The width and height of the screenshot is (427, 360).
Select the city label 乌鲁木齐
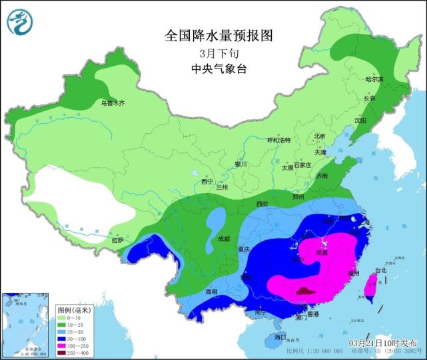pyautogui.click(x=113, y=103)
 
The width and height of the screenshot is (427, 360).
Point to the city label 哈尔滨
pyautogui.click(x=375, y=79)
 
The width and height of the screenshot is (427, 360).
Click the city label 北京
pyautogui.click(x=320, y=136)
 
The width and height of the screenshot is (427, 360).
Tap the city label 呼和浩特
pyautogui.click(x=279, y=140)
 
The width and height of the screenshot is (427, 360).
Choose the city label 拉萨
pyautogui.click(x=118, y=240)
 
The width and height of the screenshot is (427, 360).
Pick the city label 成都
pyautogui.click(x=222, y=239)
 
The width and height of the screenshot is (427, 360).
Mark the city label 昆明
pyautogui.click(x=211, y=291)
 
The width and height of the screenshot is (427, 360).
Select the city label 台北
pyautogui.click(x=380, y=271)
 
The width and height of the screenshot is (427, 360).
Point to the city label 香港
pyautogui.click(x=312, y=314)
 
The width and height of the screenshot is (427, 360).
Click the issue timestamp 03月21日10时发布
pyautogui.click(x=385, y=343)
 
